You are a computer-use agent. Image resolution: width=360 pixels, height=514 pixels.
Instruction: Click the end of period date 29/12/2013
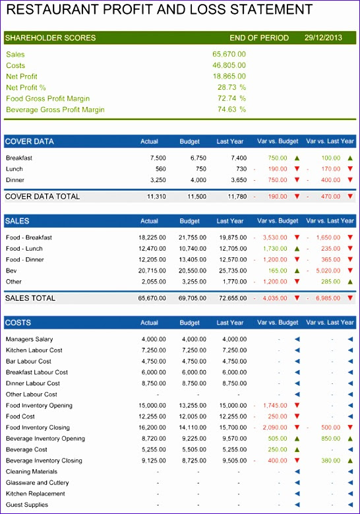pos(323,38)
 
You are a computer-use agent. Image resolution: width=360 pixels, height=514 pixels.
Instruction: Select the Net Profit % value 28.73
pos(227,87)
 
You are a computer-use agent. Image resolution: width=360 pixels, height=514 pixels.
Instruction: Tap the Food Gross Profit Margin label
pos(48,99)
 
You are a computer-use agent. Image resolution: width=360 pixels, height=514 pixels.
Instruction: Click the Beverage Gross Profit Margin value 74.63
pos(227,109)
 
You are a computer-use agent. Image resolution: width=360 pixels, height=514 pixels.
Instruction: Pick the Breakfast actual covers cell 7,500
pos(158,158)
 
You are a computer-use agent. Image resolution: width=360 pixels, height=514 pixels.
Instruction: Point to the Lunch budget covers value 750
pos(201,169)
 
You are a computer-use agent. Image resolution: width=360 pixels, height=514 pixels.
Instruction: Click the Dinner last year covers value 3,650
pos(239,180)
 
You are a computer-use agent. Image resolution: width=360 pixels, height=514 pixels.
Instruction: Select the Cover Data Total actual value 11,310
pos(156,197)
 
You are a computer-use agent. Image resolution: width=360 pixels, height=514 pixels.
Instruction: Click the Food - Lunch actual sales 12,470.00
pos(152,249)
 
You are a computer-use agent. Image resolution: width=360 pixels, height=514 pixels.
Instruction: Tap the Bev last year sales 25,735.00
pos(233,271)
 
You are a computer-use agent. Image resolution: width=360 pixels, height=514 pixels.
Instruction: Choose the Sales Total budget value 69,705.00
pos(193,298)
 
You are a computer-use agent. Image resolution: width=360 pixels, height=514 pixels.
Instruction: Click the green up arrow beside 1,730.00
pos(297,249)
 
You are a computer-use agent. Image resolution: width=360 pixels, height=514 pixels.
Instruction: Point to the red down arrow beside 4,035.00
pos(297,298)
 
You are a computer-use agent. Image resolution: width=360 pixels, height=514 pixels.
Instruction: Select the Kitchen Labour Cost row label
pos(34,350)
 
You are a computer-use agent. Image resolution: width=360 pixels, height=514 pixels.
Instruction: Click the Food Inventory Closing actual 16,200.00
pos(152,428)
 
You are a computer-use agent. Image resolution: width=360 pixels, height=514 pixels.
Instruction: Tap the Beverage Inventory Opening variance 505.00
pos(278,439)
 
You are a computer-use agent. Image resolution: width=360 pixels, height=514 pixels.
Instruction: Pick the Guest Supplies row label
pos(27,505)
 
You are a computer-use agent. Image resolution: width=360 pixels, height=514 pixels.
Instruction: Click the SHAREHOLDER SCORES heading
pos(51,38)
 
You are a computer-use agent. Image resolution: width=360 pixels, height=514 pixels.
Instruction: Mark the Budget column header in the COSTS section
pos(189,323)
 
